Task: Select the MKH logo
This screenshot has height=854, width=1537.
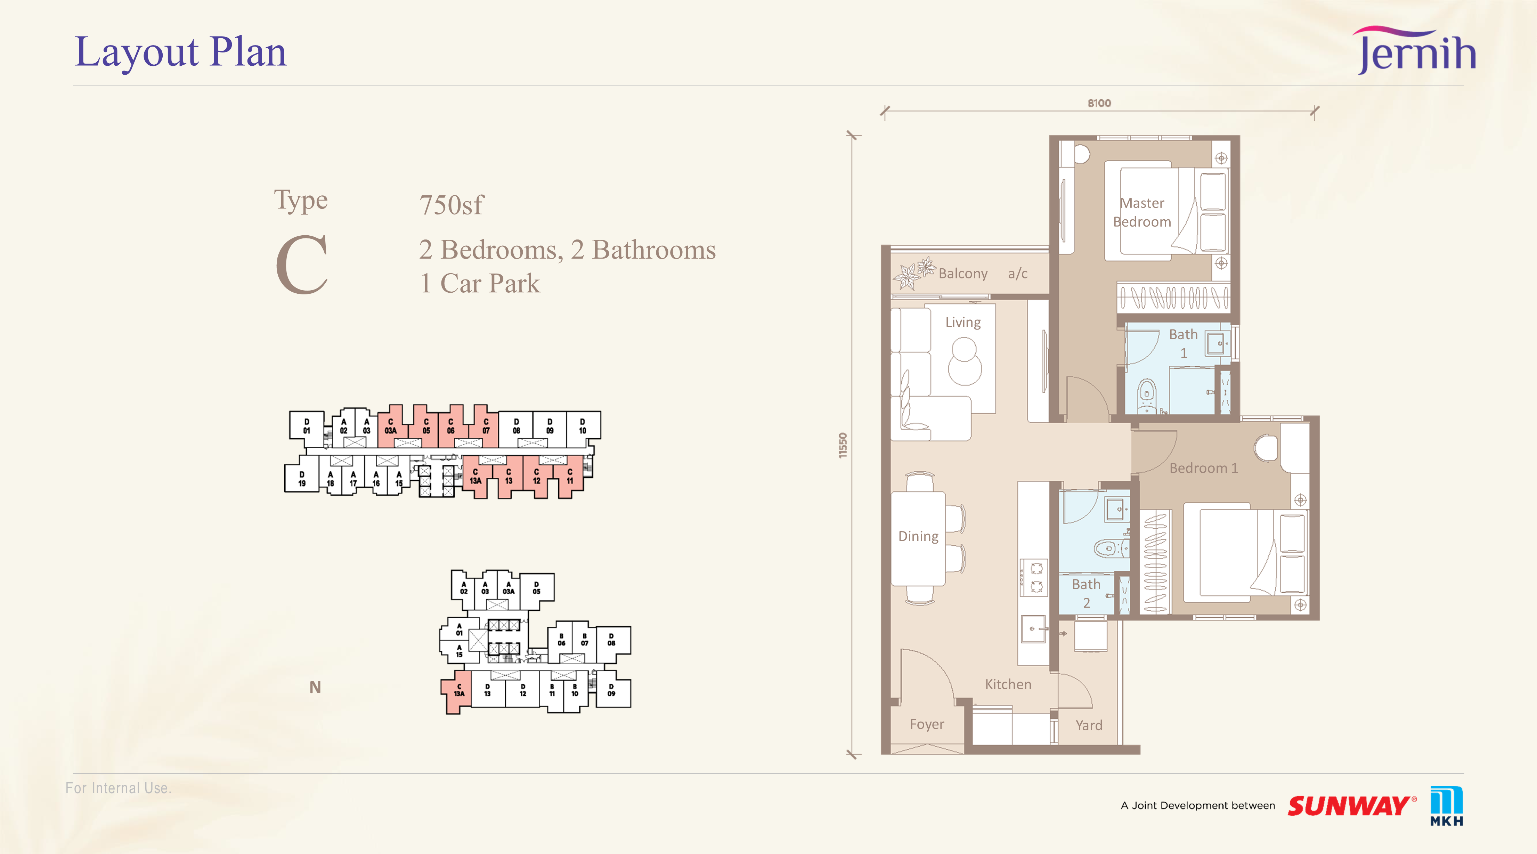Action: (x=1446, y=806)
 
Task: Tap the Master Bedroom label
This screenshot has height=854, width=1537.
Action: (x=1142, y=212)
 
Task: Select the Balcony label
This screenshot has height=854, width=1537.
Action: (x=963, y=273)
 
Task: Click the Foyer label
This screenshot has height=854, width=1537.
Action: (x=927, y=724)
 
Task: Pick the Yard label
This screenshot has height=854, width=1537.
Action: (x=1089, y=725)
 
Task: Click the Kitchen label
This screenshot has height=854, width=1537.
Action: (x=1008, y=684)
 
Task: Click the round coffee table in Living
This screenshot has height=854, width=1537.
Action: (x=964, y=361)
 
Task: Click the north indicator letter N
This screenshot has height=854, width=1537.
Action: (x=315, y=688)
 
